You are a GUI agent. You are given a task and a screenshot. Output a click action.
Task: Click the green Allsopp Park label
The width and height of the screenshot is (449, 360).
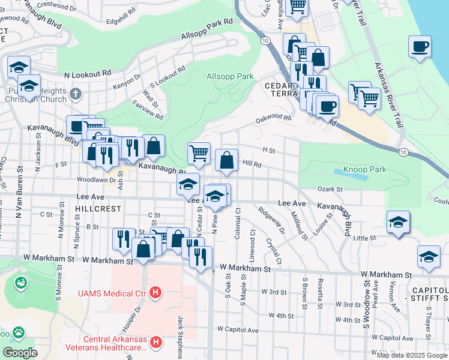[x=230, y=77]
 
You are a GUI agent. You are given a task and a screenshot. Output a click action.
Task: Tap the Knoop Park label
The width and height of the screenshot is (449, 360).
[x=364, y=170]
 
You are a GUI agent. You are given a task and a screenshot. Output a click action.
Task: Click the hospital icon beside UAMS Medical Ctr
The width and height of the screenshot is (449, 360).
[x=155, y=293]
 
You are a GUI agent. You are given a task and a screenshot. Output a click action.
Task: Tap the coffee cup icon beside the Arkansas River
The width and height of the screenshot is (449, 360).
[x=420, y=46]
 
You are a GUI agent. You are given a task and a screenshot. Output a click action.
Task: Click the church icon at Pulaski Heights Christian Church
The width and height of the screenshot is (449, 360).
[x=75, y=94]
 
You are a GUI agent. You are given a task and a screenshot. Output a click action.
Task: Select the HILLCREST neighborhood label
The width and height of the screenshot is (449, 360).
[x=99, y=209]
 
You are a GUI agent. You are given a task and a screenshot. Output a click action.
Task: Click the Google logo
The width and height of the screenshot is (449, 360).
[x=20, y=353]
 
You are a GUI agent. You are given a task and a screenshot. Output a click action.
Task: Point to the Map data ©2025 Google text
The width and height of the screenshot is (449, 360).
[x=411, y=355]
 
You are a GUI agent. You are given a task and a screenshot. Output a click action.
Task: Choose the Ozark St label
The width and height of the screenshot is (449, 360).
[x=330, y=189]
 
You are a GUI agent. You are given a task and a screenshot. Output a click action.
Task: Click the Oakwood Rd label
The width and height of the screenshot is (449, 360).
[x=273, y=119]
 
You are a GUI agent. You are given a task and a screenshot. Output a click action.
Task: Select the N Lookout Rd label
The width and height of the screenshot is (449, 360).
[x=88, y=73]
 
